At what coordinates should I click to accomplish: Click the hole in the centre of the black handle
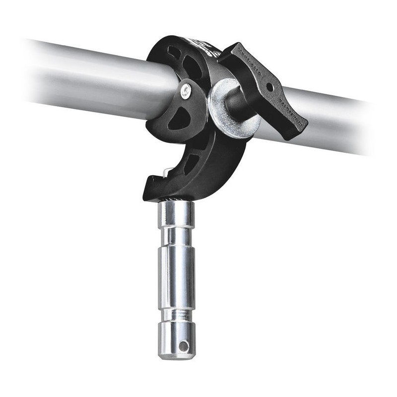click(x=269, y=87)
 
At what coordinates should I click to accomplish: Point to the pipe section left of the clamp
click(x=89, y=79)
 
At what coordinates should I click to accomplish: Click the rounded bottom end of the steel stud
click(x=177, y=353)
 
